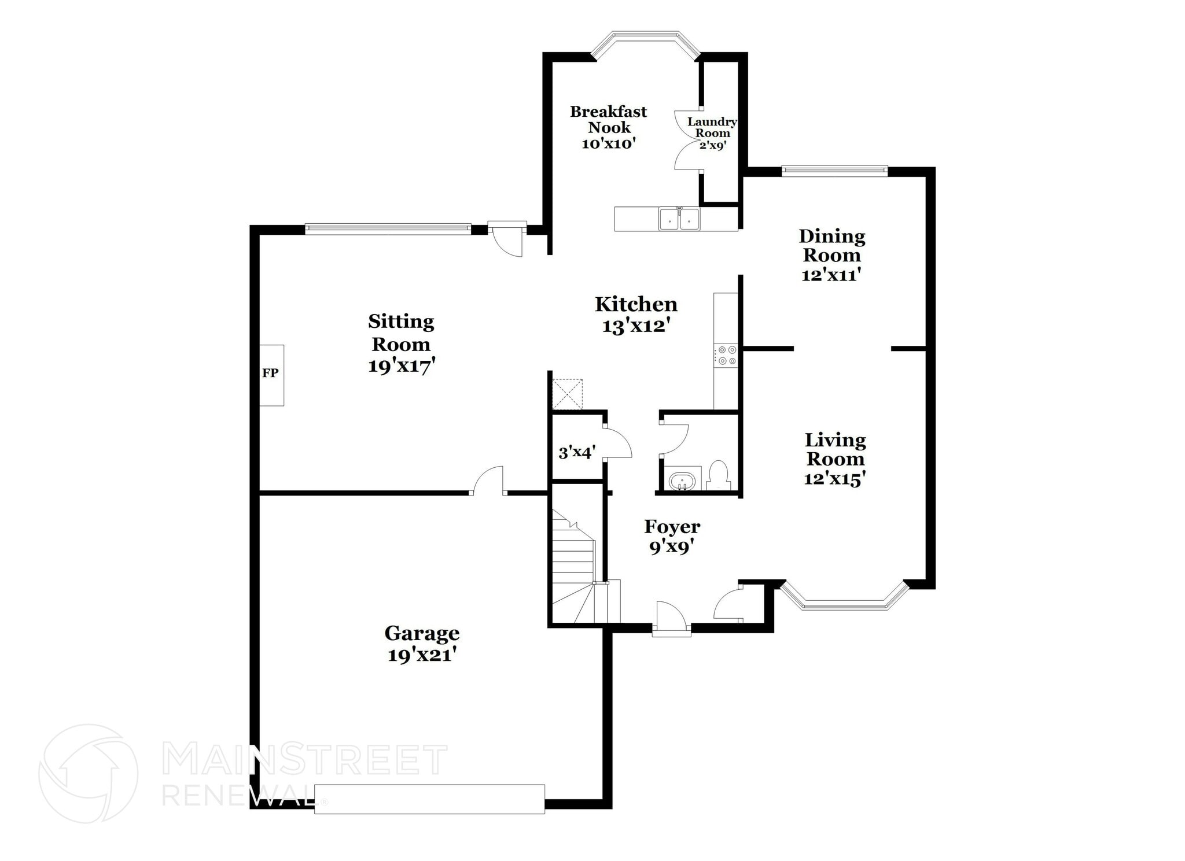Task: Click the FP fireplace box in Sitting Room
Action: (x=271, y=375)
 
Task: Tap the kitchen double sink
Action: (x=679, y=219)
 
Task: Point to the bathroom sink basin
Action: (x=682, y=481)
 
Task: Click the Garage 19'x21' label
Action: (x=422, y=644)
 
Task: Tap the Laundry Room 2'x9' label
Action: (x=712, y=133)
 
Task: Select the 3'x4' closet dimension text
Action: (x=577, y=452)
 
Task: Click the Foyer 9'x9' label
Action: (x=672, y=536)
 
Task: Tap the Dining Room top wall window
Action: (x=834, y=170)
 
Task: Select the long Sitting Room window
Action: (x=388, y=228)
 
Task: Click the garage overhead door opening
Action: (x=429, y=799)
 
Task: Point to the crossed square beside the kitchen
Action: (x=567, y=394)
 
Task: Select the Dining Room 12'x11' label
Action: (x=831, y=255)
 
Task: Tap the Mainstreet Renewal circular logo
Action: (x=88, y=773)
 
